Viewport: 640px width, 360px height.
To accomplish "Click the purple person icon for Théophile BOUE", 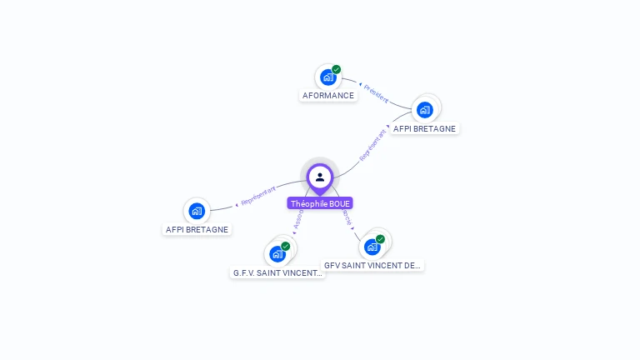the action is [x=320, y=177].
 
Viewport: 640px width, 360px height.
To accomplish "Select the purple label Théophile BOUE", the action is [x=320, y=203].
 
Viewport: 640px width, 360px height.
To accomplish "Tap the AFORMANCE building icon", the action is [x=327, y=77].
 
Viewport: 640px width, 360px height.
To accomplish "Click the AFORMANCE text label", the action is [x=328, y=96].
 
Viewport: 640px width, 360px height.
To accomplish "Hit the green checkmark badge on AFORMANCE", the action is [x=337, y=69].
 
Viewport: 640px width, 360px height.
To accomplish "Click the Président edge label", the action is [x=376, y=93].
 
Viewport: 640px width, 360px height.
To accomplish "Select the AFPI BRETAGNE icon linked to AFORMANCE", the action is [x=424, y=109].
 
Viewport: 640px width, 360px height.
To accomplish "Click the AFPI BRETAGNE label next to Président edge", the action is [x=424, y=129].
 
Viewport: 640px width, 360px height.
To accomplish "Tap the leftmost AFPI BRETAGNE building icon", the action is [x=197, y=211].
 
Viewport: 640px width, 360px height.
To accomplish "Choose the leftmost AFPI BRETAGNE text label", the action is [x=197, y=230].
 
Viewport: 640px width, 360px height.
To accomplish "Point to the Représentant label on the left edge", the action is [x=257, y=196].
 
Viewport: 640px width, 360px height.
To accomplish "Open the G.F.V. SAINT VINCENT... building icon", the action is [x=277, y=253].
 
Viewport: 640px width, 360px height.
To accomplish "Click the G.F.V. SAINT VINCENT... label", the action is [x=277, y=272].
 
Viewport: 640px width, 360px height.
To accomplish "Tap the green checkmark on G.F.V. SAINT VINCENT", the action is [x=286, y=246].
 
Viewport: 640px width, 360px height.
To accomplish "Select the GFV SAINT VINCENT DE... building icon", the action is [x=372, y=247].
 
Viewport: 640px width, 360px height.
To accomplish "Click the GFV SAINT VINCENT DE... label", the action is [x=372, y=265].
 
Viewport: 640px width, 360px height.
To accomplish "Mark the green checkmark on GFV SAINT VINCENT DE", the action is [x=381, y=239].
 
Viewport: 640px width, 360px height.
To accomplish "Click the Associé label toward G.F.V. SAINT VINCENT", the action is [x=297, y=219].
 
